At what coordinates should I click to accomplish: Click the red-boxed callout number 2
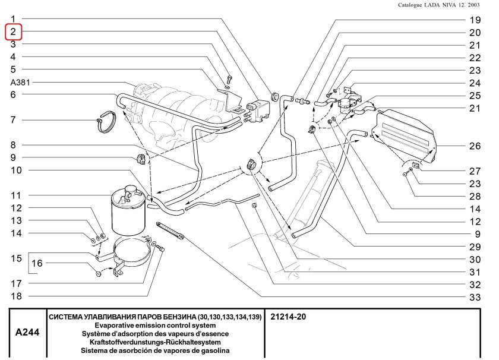13,31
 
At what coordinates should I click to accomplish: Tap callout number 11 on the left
15,195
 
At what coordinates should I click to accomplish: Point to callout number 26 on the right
474,146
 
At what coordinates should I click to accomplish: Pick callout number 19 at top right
474,20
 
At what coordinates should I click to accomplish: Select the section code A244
27,334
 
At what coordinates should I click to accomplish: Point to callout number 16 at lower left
37,263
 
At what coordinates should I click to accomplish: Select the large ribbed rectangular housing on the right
404,136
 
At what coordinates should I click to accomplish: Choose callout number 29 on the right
474,246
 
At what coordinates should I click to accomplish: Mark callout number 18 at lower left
15,296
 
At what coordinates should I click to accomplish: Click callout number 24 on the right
474,83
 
